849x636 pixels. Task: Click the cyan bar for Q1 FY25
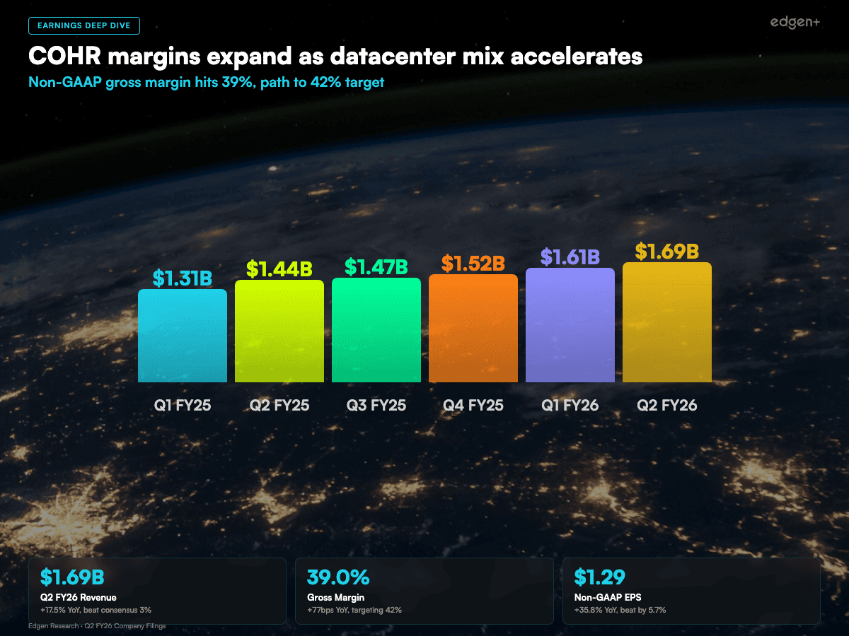coord(183,336)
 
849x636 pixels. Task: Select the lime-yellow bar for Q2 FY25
coord(279,331)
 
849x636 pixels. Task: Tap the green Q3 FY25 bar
coord(376,330)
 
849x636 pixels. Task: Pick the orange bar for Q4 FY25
coord(473,328)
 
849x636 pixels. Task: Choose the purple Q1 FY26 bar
coord(570,325)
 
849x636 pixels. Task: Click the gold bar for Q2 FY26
coord(667,322)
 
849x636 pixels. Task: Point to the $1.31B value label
coord(183,278)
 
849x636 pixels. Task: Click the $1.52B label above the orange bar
coord(473,264)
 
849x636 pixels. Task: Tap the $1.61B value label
coord(570,257)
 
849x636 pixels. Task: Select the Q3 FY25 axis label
coord(376,406)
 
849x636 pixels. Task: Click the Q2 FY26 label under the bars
coord(667,406)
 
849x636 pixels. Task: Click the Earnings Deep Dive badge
coord(84,25)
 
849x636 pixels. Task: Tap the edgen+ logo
coord(795,23)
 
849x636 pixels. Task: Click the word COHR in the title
coord(59,56)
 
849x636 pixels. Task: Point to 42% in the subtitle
coord(325,83)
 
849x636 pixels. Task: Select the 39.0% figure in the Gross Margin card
coord(338,577)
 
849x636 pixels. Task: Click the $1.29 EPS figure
coord(600,577)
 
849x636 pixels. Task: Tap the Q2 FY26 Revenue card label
coord(79,598)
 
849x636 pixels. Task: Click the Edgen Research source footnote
coord(97,626)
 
